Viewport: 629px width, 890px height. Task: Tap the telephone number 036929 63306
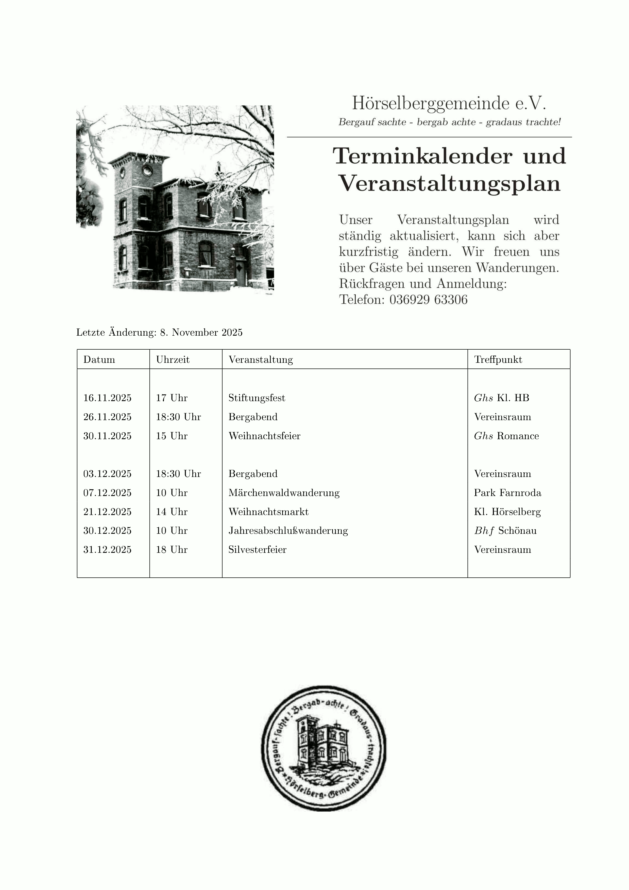[x=428, y=300]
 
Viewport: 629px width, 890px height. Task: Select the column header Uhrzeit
[x=173, y=360]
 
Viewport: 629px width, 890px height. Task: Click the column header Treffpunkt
[x=498, y=360]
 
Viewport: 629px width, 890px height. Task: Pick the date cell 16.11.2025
[x=107, y=398]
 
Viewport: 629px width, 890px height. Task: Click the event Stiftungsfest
[x=257, y=398]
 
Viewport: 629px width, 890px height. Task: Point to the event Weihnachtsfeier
[x=264, y=436]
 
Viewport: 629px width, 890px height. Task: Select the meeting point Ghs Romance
[x=506, y=436]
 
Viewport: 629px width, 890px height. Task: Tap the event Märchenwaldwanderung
[x=284, y=493]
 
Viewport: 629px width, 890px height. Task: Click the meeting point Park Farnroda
[x=507, y=493]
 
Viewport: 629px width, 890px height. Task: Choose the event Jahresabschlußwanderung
[x=288, y=531]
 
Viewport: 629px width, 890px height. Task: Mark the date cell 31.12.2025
[x=107, y=550]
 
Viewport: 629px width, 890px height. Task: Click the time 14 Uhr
[x=172, y=512]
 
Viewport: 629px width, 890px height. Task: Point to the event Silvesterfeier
[x=257, y=550]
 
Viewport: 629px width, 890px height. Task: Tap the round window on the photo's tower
[x=147, y=170]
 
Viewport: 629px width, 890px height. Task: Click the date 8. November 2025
[x=201, y=333]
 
